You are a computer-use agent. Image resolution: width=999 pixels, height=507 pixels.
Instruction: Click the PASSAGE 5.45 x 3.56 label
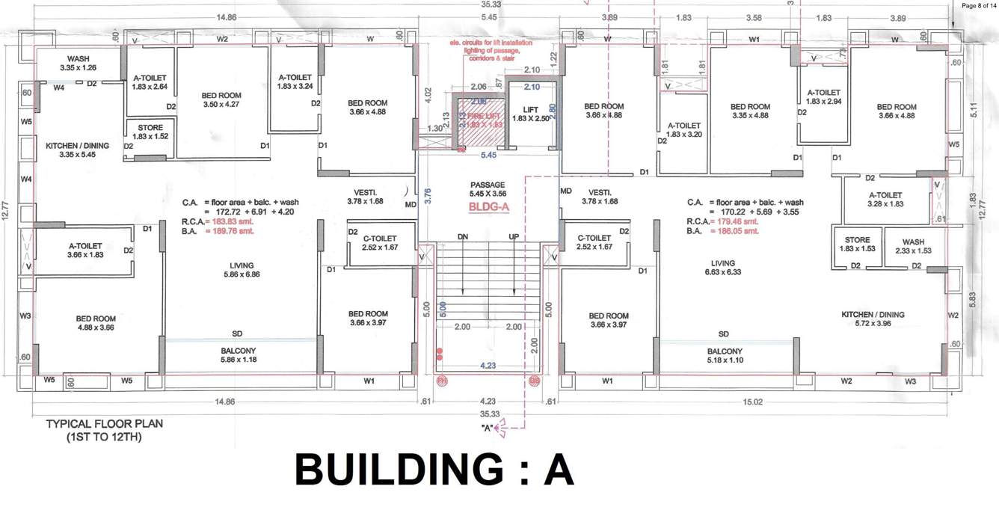(x=488, y=189)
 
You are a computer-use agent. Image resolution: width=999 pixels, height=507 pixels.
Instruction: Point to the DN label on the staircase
(x=462, y=236)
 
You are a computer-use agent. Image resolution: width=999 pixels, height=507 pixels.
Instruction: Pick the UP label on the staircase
(x=513, y=236)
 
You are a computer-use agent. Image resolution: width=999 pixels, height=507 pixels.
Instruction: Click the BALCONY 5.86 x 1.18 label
(x=238, y=355)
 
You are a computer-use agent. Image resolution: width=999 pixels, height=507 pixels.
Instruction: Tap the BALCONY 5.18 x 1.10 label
(x=725, y=356)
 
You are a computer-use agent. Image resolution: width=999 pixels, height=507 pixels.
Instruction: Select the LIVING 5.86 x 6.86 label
(x=242, y=270)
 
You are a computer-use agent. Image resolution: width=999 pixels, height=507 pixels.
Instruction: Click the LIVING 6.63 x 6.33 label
(x=723, y=268)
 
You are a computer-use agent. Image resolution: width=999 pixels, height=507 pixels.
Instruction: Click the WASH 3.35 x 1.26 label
(x=79, y=64)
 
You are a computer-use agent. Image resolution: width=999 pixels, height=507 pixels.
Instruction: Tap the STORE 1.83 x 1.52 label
(x=150, y=132)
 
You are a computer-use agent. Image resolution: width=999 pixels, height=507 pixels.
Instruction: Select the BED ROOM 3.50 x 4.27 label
(x=221, y=100)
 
